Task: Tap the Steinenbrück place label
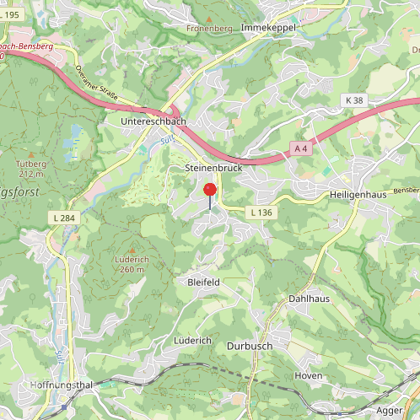pyautogui.click(x=213, y=169)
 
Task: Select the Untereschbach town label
pyautogui.click(x=153, y=122)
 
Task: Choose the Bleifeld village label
pyautogui.click(x=203, y=282)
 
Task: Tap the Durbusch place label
pyautogui.click(x=250, y=346)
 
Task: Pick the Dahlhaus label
pyautogui.click(x=309, y=299)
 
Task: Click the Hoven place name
pyautogui.click(x=309, y=375)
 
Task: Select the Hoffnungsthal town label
pyautogui.click(x=36, y=385)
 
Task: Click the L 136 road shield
pyautogui.click(x=261, y=213)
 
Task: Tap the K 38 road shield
pyautogui.click(x=354, y=100)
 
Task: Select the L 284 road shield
pyautogui.click(x=62, y=218)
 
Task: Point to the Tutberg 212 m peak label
pyautogui.click(x=30, y=169)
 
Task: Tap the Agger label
pyautogui.click(x=390, y=410)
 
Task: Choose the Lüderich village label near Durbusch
pyautogui.click(x=192, y=340)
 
